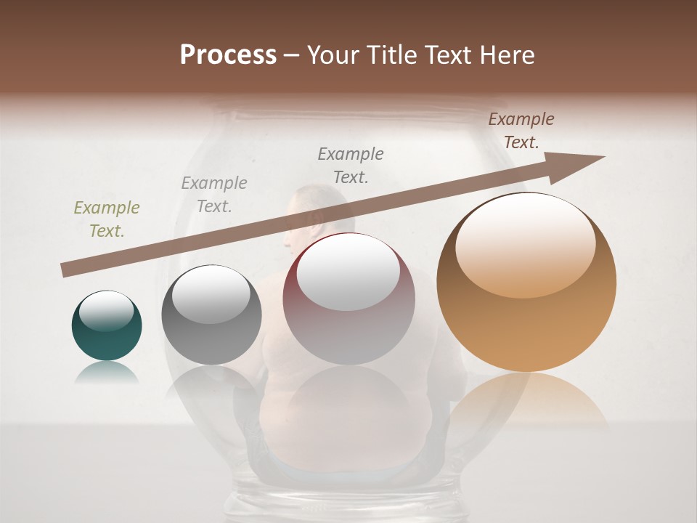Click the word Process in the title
[228, 54]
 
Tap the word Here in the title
[506, 54]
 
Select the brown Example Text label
[521, 131]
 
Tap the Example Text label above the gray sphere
[214, 195]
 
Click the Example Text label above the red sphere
[351, 165]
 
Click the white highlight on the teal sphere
[107, 311]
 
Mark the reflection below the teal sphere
[107, 373]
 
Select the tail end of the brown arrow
[67, 269]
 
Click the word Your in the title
[333, 54]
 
